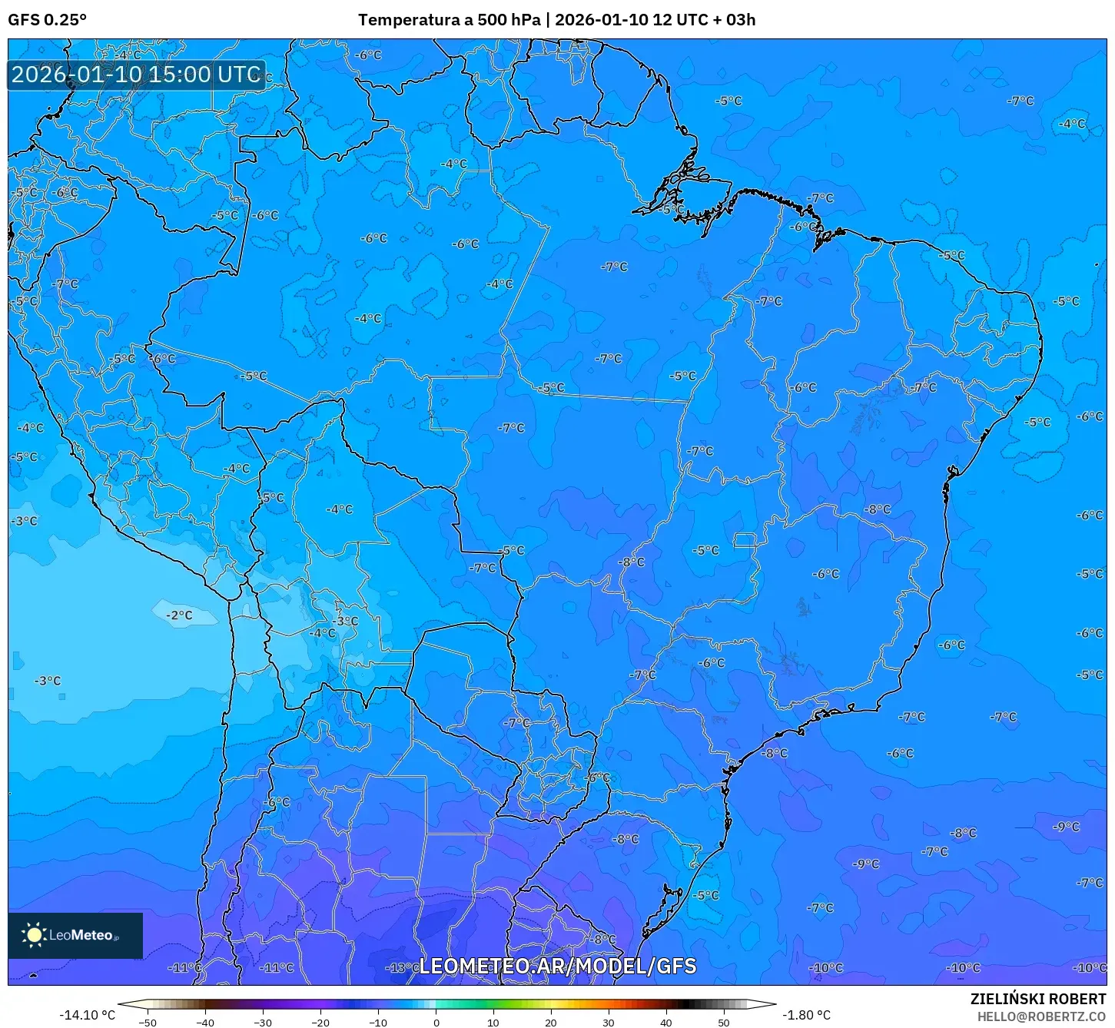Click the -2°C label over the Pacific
pyautogui.click(x=179, y=615)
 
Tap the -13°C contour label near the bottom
pyautogui.click(x=400, y=967)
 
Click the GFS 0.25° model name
pyautogui.click(x=47, y=20)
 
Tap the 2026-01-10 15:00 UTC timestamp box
pyautogui.click(x=136, y=75)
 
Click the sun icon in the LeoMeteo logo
pyautogui.click(x=34, y=935)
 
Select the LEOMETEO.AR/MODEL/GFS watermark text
pyautogui.click(x=557, y=966)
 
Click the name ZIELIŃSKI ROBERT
pyautogui.click(x=1037, y=999)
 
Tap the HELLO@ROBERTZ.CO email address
pyautogui.click(x=1041, y=1016)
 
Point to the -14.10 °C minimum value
pyautogui.click(x=87, y=1015)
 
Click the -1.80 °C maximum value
pyautogui.click(x=806, y=1015)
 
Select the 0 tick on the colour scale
pyautogui.click(x=436, y=1022)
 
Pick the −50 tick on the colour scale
pyautogui.click(x=147, y=1022)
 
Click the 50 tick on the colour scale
pyautogui.click(x=724, y=1022)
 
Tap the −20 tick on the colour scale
pyautogui.click(x=320, y=1022)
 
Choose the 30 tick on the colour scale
pyautogui.click(x=609, y=1022)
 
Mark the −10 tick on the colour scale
pyautogui.click(x=377, y=1022)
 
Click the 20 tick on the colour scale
pyautogui.click(x=551, y=1022)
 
